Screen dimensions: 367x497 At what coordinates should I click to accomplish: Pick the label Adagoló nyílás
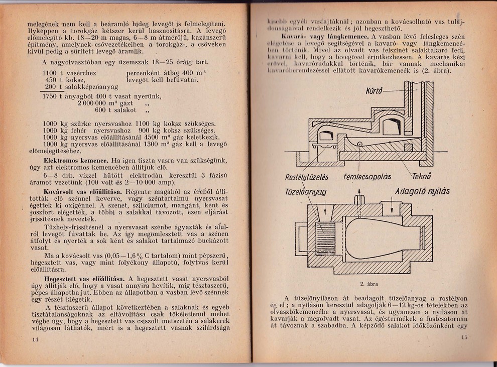422,191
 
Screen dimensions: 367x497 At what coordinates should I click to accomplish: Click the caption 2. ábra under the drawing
369,284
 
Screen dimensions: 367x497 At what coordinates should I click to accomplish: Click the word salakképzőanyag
88,87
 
